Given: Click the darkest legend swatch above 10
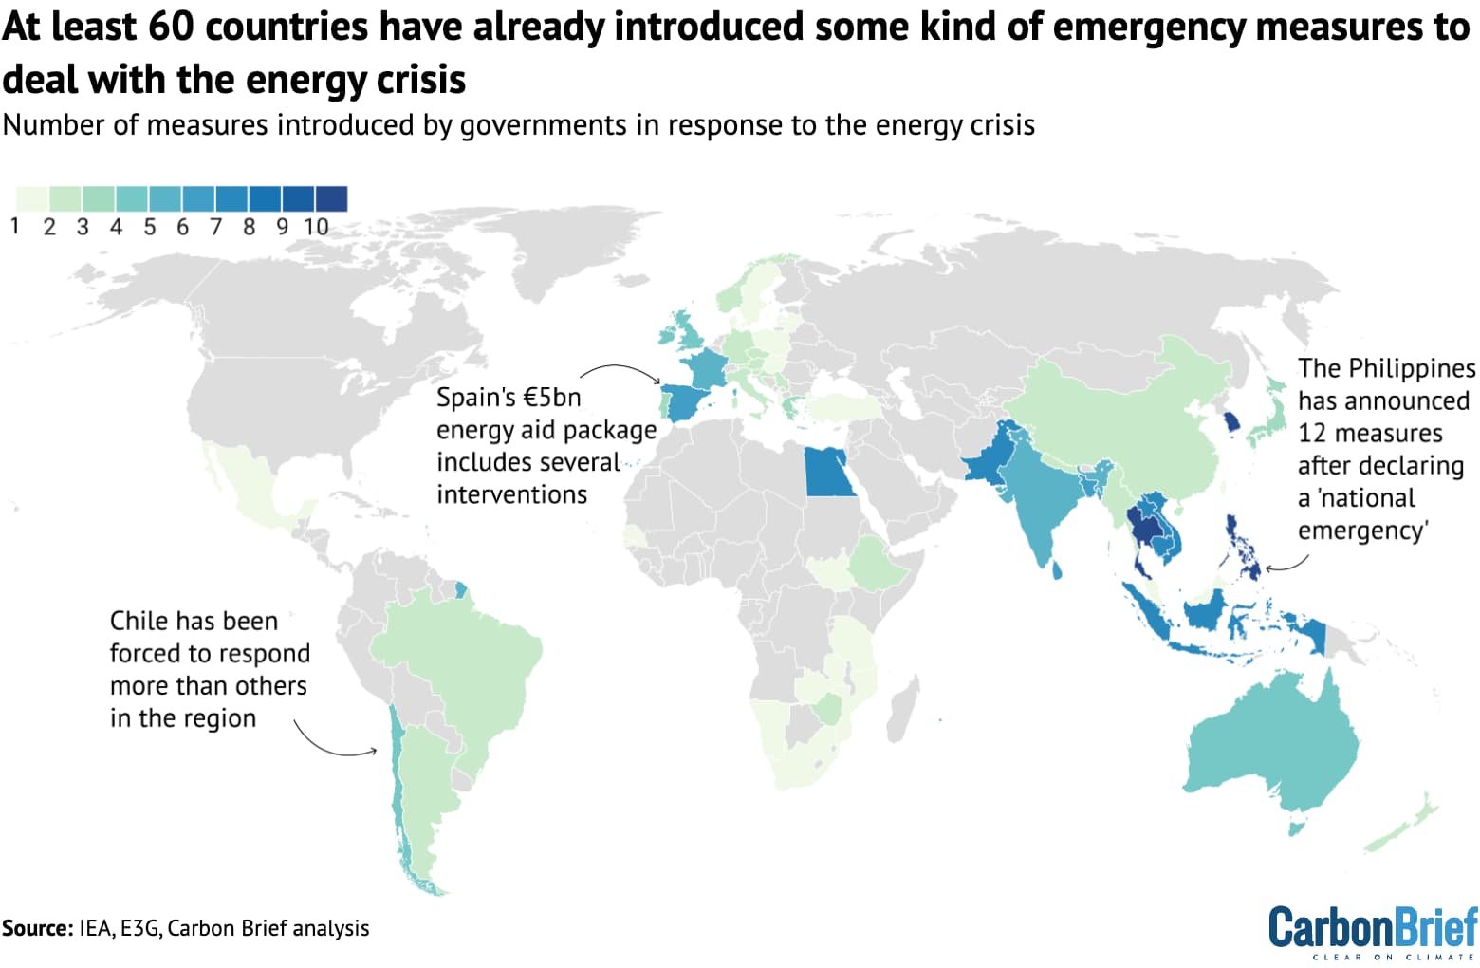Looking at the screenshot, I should click(331, 198).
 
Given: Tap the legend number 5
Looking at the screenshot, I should click(149, 227).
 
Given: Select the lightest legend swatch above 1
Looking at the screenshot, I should click(31, 198).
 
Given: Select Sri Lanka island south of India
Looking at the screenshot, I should click(1057, 568).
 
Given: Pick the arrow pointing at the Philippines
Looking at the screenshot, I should click(1286, 566).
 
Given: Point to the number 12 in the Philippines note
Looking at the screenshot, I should click(1311, 433).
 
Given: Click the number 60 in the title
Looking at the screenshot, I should click(171, 27).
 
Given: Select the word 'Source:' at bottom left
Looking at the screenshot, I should click(37, 928).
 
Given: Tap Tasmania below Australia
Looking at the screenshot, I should click(1296, 828).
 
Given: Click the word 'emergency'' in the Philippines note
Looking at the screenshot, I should click(1362, 530).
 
